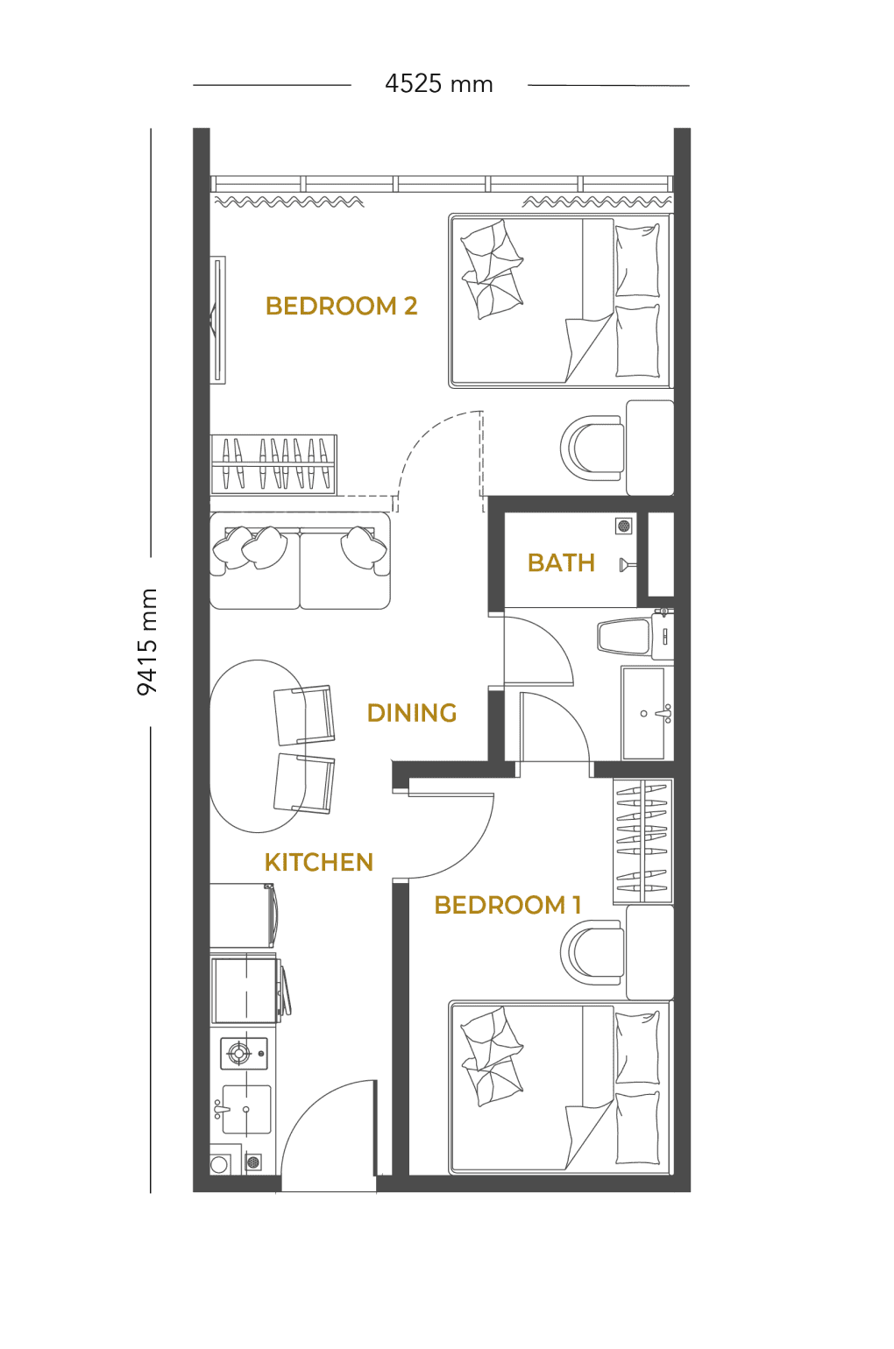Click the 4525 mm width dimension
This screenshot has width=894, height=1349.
pyautogui.click(x=438, y=84)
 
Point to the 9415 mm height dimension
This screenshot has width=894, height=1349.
pyautogui.click(x=147, y=642)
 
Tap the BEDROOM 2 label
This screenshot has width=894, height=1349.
pyautogui.click(x=341, y=306)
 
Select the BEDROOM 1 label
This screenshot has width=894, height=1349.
pyautogui.click(x=507, y=905)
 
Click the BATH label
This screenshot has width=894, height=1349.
pyautogui.click(x=561, y=563)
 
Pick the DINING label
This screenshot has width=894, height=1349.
pyautogui.click(x=411, y=713)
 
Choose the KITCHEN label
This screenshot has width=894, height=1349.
pyautogui.click(x=319, y=862)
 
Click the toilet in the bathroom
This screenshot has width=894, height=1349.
pyautogui.click(x=635, y=635)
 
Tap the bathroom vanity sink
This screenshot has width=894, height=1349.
pyautogui.click(x=647, y=713)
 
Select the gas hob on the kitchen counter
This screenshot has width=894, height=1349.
pyautogui.click(x=244, y=1054)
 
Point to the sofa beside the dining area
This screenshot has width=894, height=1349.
pyautogui.click(x=300, y=561)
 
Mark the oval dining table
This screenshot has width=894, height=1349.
pyautogui.click(x=257, y=746)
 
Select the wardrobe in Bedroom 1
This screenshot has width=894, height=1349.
pyautogui.click(x=642, y=841)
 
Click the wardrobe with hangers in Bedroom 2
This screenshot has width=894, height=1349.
pyautogui.click(x=273, y=464)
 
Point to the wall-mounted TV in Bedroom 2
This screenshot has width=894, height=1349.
pyautogui.click(x=217, y=320)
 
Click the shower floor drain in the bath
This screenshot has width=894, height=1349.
pyautogui.click(x=624, y=526)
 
